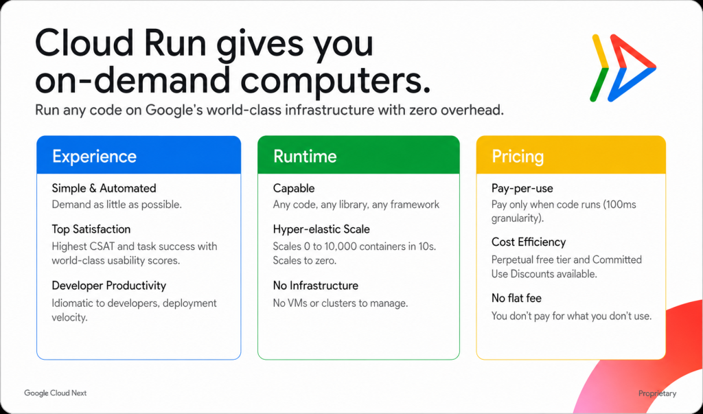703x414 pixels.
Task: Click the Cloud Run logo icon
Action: point(623,68)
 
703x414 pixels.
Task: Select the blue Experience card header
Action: point(139,154)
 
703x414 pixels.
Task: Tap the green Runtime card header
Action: point(358,154)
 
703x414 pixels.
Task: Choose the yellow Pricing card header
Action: point(571,154)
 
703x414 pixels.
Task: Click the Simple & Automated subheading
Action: point(104,188)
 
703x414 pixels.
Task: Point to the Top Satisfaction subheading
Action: point(91,229)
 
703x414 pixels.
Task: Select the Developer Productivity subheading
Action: point(109,286)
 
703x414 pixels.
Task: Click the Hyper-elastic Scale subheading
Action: point(321,229)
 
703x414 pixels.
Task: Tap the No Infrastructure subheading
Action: point(316,286)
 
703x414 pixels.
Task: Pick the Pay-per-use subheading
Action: point(522,188)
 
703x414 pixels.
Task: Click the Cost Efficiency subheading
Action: point(529,242)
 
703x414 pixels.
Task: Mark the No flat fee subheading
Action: point(516,298)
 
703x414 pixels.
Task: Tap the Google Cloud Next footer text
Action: point(55,393)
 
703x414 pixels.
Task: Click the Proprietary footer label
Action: point(657,393)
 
